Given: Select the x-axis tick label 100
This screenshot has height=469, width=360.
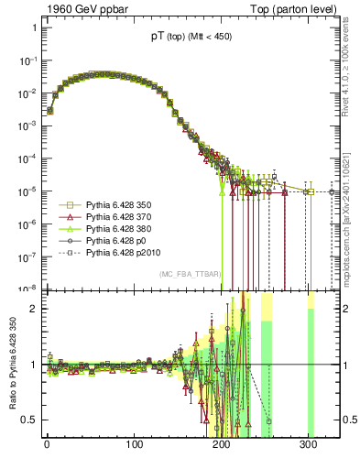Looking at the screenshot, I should [x=134, y=445].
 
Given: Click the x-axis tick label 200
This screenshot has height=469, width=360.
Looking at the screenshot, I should [x=221, y=445].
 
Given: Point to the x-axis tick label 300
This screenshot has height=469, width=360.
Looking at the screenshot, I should [x=308, y=445].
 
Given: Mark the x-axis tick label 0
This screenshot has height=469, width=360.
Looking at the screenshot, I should [x=47, y=445].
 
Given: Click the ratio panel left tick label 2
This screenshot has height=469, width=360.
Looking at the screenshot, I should [x=32, y=309].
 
